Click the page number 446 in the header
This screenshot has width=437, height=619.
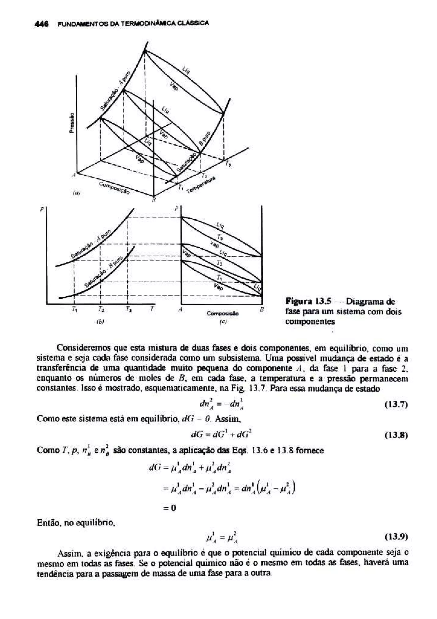pyautogui.click(x=42, y=24)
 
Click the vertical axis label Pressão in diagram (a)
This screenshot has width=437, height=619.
pyautogui.click(x=72, y=122)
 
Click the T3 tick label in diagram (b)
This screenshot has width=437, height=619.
pyautogui.click(x=128, y=309)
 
